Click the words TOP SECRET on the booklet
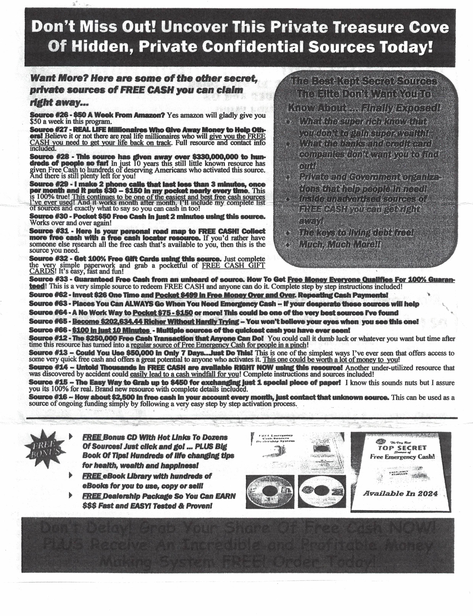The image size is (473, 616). coord(402,448)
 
